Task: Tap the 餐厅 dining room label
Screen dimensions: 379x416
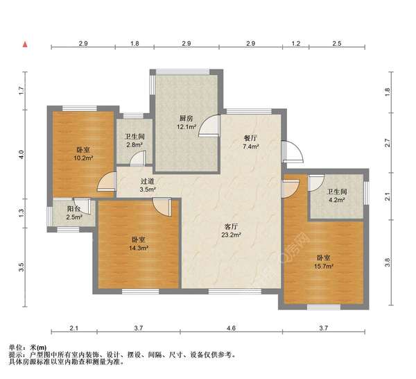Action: [250, 137]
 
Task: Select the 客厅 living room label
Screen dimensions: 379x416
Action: [232, 226]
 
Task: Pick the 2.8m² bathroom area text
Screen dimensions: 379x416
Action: [135, 145]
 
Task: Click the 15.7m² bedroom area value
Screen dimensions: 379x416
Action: [323, 265]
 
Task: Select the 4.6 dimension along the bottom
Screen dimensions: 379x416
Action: [231, 328]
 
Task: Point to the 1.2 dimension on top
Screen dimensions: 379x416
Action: [295, 44]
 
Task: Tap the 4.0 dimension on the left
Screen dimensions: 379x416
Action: [21, 155]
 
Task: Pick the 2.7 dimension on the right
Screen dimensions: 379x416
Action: [388, 143]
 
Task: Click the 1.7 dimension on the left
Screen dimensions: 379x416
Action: [21, 89]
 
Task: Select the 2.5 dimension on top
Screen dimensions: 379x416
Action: [338, 44]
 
